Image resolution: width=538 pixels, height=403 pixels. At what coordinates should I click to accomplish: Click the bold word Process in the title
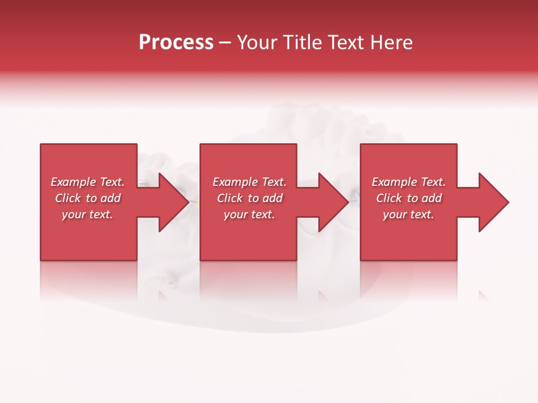(x=176, y=43)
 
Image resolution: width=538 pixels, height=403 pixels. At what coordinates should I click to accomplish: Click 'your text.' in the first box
(x=87, y=214)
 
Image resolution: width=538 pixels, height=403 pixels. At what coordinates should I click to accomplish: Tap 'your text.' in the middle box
(x=249, y=214)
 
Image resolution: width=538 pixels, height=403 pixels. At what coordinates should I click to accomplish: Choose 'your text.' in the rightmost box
(x=409, y=214)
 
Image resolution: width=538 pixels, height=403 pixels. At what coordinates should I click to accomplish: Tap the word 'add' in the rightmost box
(x=432, y=198)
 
